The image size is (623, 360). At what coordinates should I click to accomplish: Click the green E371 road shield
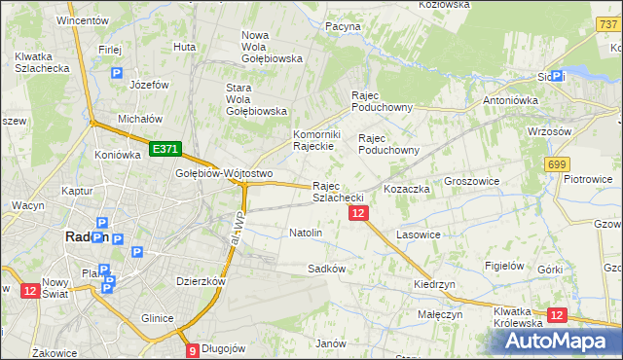coord(164,148)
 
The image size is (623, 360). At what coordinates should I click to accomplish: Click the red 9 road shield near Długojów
coord(193,350)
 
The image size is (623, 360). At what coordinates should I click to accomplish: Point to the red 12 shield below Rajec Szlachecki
coord(359,213)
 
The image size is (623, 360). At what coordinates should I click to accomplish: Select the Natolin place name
coord(306,234)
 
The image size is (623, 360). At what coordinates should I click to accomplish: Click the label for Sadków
coord(326,268)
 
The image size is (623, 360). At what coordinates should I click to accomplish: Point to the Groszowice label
coord(471,181)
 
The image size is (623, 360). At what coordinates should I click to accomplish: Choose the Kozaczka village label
coord(407,188)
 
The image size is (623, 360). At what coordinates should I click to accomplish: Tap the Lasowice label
coord(420,234)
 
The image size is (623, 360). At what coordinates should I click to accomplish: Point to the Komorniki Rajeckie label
coord(314,140)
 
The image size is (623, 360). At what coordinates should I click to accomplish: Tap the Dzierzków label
coord(202,281)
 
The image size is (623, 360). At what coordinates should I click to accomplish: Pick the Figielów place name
coord(504,266)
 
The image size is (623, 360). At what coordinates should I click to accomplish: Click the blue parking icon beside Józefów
coord(118,73)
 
